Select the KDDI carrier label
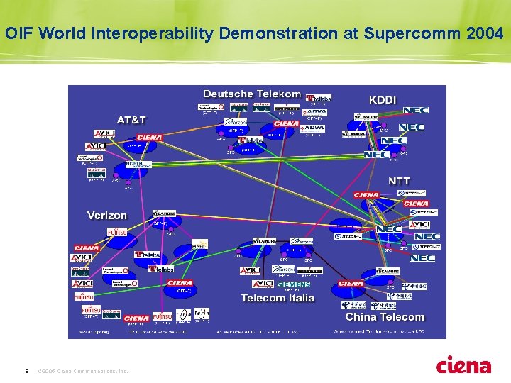click(383, 100)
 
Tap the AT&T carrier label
click(133, 121)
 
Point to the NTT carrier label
click(398, 182)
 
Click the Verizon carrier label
click(107, 215)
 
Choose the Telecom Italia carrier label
click(278, 299)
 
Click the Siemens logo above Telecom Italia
click(294, 284)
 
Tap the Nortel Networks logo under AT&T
click(138, 164)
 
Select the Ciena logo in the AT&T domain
click(149, 138)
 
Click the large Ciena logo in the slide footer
click(463, 365)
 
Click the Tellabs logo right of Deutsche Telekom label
click(319, 98)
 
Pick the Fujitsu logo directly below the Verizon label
click(117, 233)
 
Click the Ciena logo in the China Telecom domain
click(351, 284)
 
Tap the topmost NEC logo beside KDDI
click(416, 111)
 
